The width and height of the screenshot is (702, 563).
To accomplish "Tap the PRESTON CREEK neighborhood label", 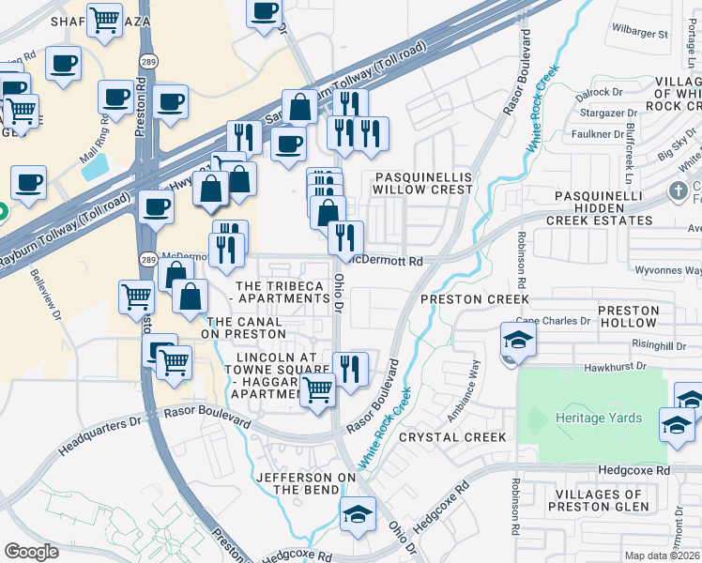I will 475,299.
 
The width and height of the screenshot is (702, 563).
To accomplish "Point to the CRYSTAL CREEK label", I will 452,437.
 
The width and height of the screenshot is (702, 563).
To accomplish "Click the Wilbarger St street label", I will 638,34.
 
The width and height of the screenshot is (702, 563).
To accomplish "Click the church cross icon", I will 679,191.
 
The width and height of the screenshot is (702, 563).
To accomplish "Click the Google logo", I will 31,552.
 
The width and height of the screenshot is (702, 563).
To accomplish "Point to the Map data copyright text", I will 662,555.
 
